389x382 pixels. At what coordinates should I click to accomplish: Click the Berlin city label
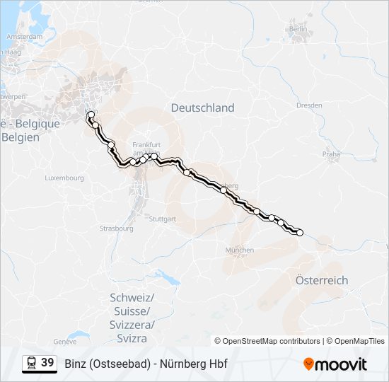click(x=298, y=29)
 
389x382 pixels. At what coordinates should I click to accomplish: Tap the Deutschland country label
click(x=202, y=108)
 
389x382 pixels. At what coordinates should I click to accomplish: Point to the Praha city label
click(x=332, y=154)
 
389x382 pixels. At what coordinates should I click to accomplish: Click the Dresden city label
click(x=309, y=105)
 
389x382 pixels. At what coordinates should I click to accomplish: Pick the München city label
click(x=239, y=250)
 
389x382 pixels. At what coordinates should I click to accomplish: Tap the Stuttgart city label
click(x=162, y=219)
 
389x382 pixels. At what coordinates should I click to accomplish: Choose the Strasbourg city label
click(x=117, y=228)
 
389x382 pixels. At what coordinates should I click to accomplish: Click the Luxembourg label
click(x=64, y=178)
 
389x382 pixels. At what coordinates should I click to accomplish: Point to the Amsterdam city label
click(x=27, y=36)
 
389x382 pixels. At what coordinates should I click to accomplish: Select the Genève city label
click(x=64, y=341)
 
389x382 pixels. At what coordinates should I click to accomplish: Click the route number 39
click(x=47, y=362)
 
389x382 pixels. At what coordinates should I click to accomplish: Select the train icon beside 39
click(x=32, y=363)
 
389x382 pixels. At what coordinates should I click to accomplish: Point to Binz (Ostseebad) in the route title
click(x=107, y=364)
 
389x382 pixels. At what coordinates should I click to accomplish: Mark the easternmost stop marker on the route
click(x=299, y=232)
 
